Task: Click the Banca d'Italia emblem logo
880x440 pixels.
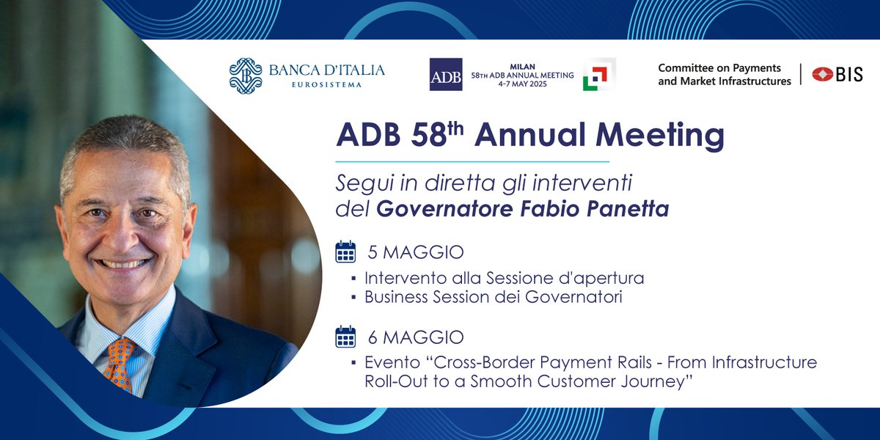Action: pos(246,76)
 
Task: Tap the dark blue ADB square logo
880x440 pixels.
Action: pos(446,74)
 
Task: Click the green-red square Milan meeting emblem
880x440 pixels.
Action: pos(598,75)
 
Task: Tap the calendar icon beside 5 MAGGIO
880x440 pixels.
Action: pos(345,252)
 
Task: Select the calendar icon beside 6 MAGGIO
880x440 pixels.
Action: pos(345,337)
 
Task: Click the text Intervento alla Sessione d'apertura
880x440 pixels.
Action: pos(504,279)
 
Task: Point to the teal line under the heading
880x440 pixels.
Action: pos(472,161)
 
